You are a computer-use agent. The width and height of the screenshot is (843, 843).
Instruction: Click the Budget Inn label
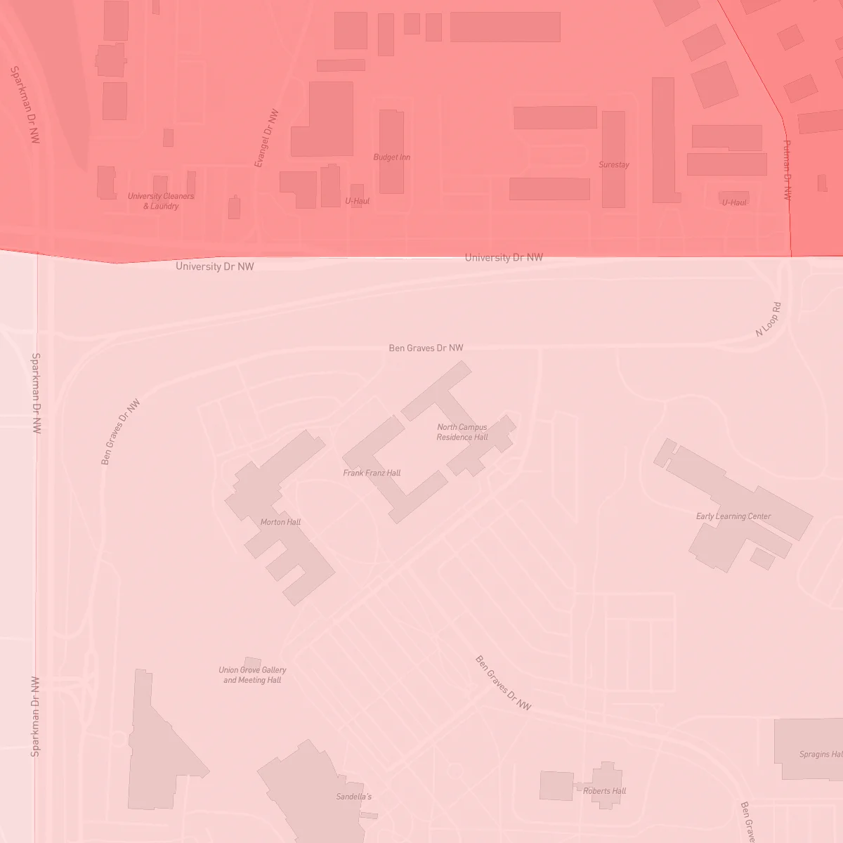pos(391,157)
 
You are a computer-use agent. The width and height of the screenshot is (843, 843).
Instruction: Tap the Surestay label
pos(613,165)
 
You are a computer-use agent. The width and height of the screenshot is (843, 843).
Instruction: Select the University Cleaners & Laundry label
pos(161,201)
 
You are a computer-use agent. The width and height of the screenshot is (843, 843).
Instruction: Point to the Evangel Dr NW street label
pos(266,138)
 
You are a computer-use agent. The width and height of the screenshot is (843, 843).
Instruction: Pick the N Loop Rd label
pos(768,320)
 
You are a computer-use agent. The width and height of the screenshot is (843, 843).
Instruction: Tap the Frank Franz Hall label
pos(372,473)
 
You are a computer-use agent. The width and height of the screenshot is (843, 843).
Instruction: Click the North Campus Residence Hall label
pos(462,432)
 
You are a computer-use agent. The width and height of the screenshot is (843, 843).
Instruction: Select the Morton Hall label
pos(280,522)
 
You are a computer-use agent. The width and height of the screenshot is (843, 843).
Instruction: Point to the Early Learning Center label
pos(733,516)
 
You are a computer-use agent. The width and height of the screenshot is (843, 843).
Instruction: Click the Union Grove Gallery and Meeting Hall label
pos(252,675)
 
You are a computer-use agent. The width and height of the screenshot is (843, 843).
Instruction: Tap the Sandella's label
pos(354,797)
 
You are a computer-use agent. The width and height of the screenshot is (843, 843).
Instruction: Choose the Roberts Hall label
pos(604,791)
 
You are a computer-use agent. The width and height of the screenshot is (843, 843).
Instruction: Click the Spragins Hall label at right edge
pos(821,754)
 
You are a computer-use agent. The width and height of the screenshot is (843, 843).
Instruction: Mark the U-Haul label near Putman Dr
pos(734,202)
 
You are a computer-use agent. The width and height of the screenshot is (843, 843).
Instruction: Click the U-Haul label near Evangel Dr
pos(357,201)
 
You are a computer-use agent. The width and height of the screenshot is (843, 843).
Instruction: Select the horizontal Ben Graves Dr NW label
pos(426,348)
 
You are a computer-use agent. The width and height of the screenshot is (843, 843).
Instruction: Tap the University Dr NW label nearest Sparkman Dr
pos(215,266)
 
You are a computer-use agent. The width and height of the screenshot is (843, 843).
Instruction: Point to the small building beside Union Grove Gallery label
pos(252,662)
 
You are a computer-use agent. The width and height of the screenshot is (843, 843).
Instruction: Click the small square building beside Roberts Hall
pos(556,785)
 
